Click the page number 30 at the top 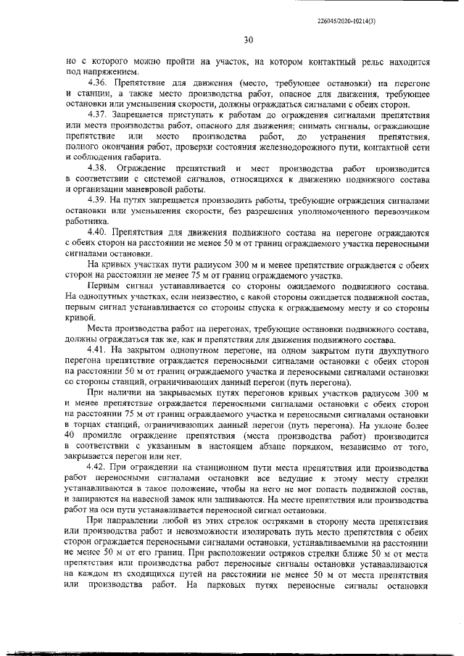click(x=247, y=41)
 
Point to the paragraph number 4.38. click(x=99, y=167)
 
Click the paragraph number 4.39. click(x=99, y=199)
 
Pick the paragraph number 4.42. click(x=99, y=465)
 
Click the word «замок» click(x=198, y=499)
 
